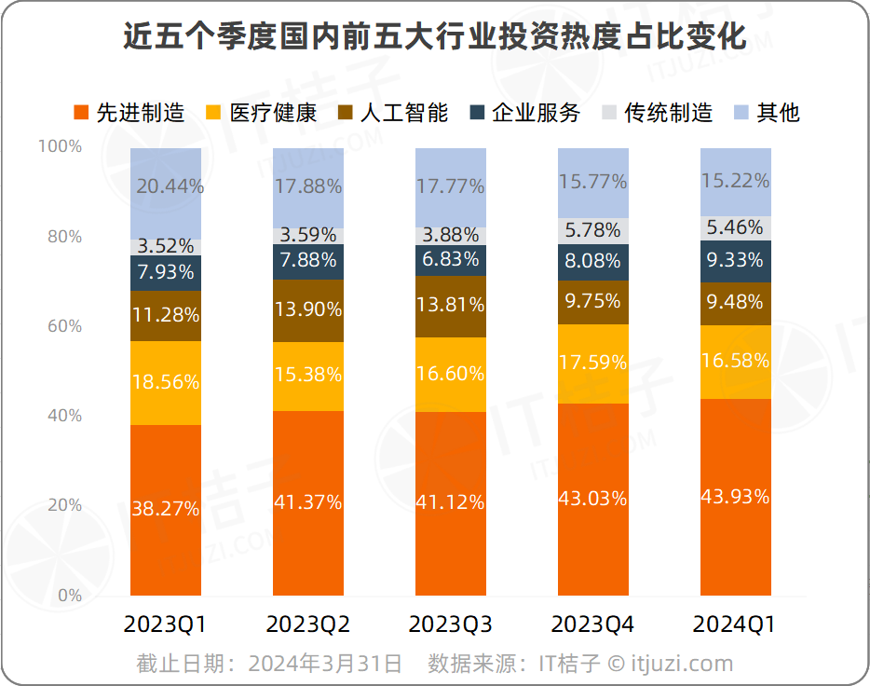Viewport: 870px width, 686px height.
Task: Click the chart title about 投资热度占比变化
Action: tap(435, 36)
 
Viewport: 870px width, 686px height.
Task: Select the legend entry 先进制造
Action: tap(129, 113)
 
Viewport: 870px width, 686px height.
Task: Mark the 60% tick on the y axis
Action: tap(64, 326)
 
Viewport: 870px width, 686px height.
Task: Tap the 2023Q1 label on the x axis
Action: tap(166, 624)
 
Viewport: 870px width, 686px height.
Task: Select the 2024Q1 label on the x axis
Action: tap(736, 624)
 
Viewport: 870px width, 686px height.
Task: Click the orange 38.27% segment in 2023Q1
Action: tap(166, 510)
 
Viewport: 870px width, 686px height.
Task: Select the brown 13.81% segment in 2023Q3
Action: tap(451, 306)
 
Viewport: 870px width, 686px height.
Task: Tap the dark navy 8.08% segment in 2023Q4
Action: tap(593, 262)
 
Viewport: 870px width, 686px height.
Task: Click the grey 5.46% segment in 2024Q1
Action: tap(736, 227)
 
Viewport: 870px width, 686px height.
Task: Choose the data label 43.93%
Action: tap(736, 497)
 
